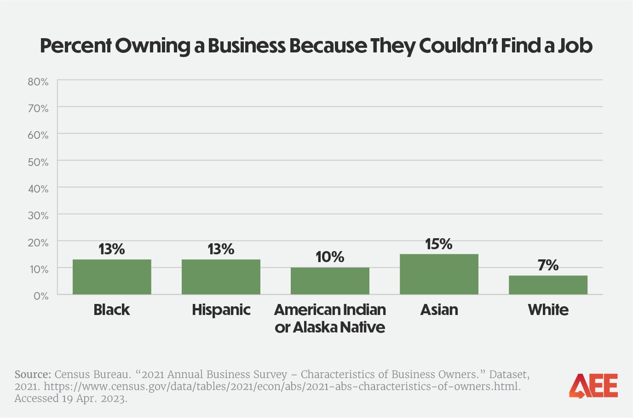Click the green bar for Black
coord(112,277)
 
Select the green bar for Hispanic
coord(221,277)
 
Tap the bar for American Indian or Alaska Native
coord(330,281)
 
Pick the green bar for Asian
coord(439,274)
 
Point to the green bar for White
coord(548,285)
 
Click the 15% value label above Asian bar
coord(438,244)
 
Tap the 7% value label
coord(548,265)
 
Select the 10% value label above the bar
coord(330,257)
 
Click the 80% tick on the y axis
coord(38,82)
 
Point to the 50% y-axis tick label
coord(38,162)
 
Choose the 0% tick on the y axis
coord(41,296)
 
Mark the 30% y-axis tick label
coord(38,216)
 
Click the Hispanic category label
coord(221,310)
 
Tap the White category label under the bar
coord(548,310)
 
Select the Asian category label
coord(439,310)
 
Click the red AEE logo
coord(593,386)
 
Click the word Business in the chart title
coord(246,46)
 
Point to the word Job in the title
coord(575,46)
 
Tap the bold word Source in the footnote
coord(33,375)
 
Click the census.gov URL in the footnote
coord(282,387)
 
